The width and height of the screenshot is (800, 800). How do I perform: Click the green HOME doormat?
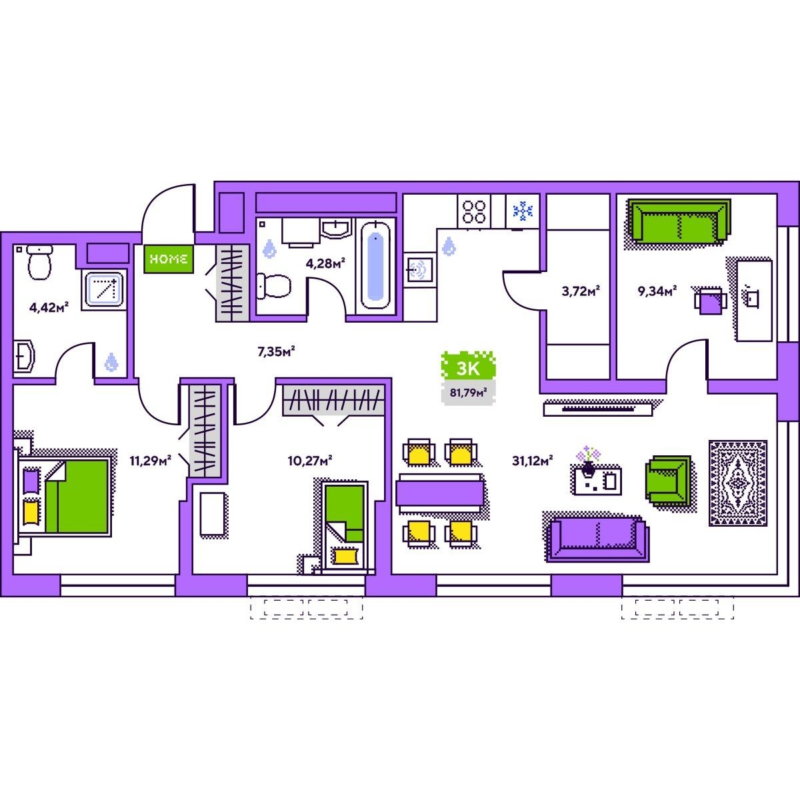coord(169,259)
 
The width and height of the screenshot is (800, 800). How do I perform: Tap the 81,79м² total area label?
coord(468,392)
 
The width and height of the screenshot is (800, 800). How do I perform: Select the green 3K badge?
coord(468,367)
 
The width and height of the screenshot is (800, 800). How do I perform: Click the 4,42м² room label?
coord(49,307)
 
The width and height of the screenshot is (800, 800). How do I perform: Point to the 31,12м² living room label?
coord(532,461)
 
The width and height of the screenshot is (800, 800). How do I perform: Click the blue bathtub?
coord(375,265)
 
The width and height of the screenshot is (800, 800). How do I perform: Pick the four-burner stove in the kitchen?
coord(474,211)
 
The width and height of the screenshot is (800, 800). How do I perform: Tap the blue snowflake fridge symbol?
coord(523,211)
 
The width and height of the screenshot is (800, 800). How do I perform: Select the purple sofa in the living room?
coord(597,539)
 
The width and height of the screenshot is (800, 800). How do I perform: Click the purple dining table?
coord(440,493)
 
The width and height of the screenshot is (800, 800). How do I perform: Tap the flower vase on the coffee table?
coord(588,462)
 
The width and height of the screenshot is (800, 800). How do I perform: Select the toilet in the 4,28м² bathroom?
coord(273,285)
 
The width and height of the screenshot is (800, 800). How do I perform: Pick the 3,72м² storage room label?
coord(581,291)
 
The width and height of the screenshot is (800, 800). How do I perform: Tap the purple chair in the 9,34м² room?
coord(710,300)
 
